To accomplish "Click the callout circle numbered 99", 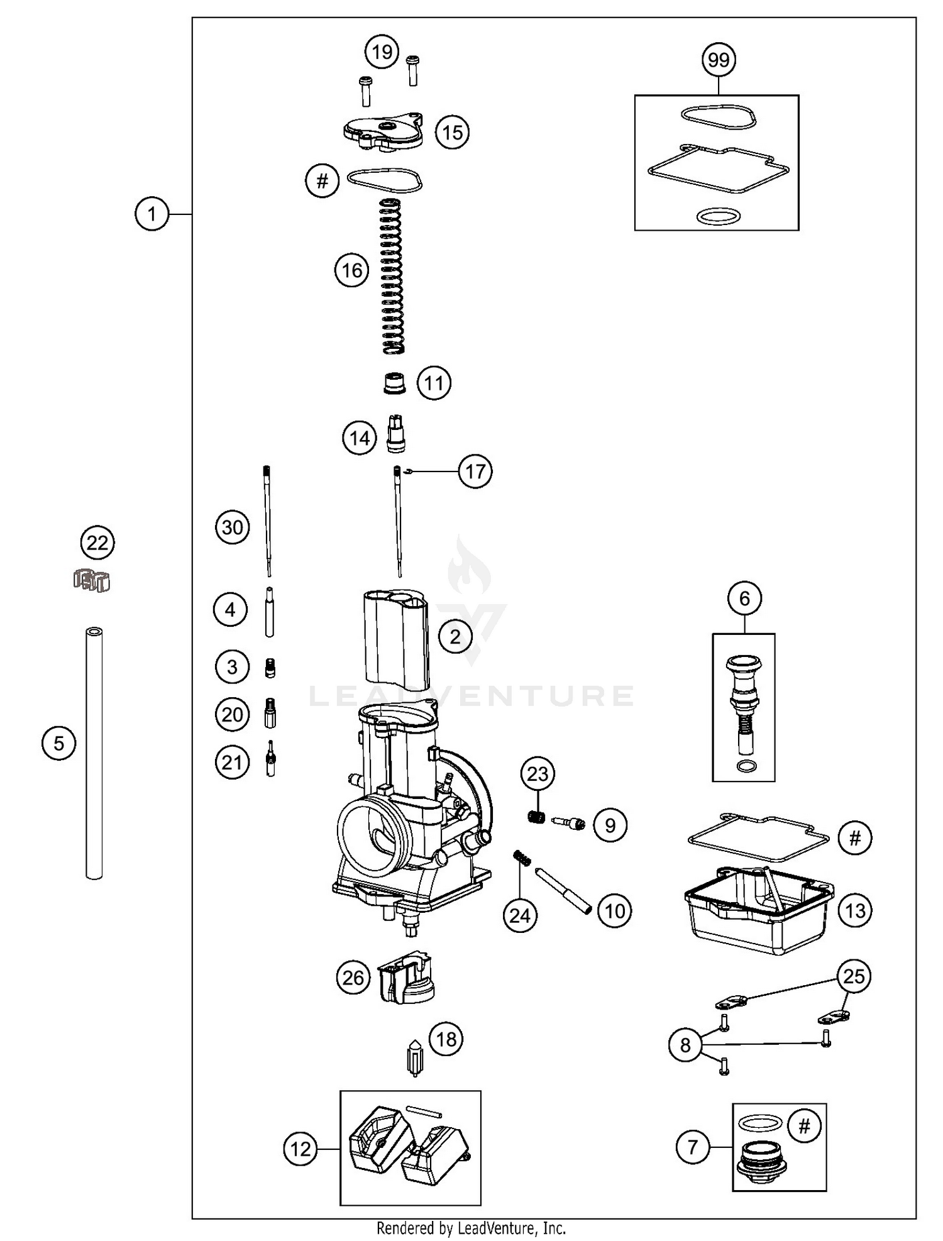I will click(x=719, y=60).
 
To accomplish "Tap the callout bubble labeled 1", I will click(x=152, y=214).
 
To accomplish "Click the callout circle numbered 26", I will click(x=353, y=978).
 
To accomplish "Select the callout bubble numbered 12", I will click(x=301, y=1149).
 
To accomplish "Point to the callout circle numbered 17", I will click(x=475, y=471).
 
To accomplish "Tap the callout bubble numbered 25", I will click(x=854, y=976).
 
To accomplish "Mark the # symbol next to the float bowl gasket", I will click(x=855, y=837).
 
